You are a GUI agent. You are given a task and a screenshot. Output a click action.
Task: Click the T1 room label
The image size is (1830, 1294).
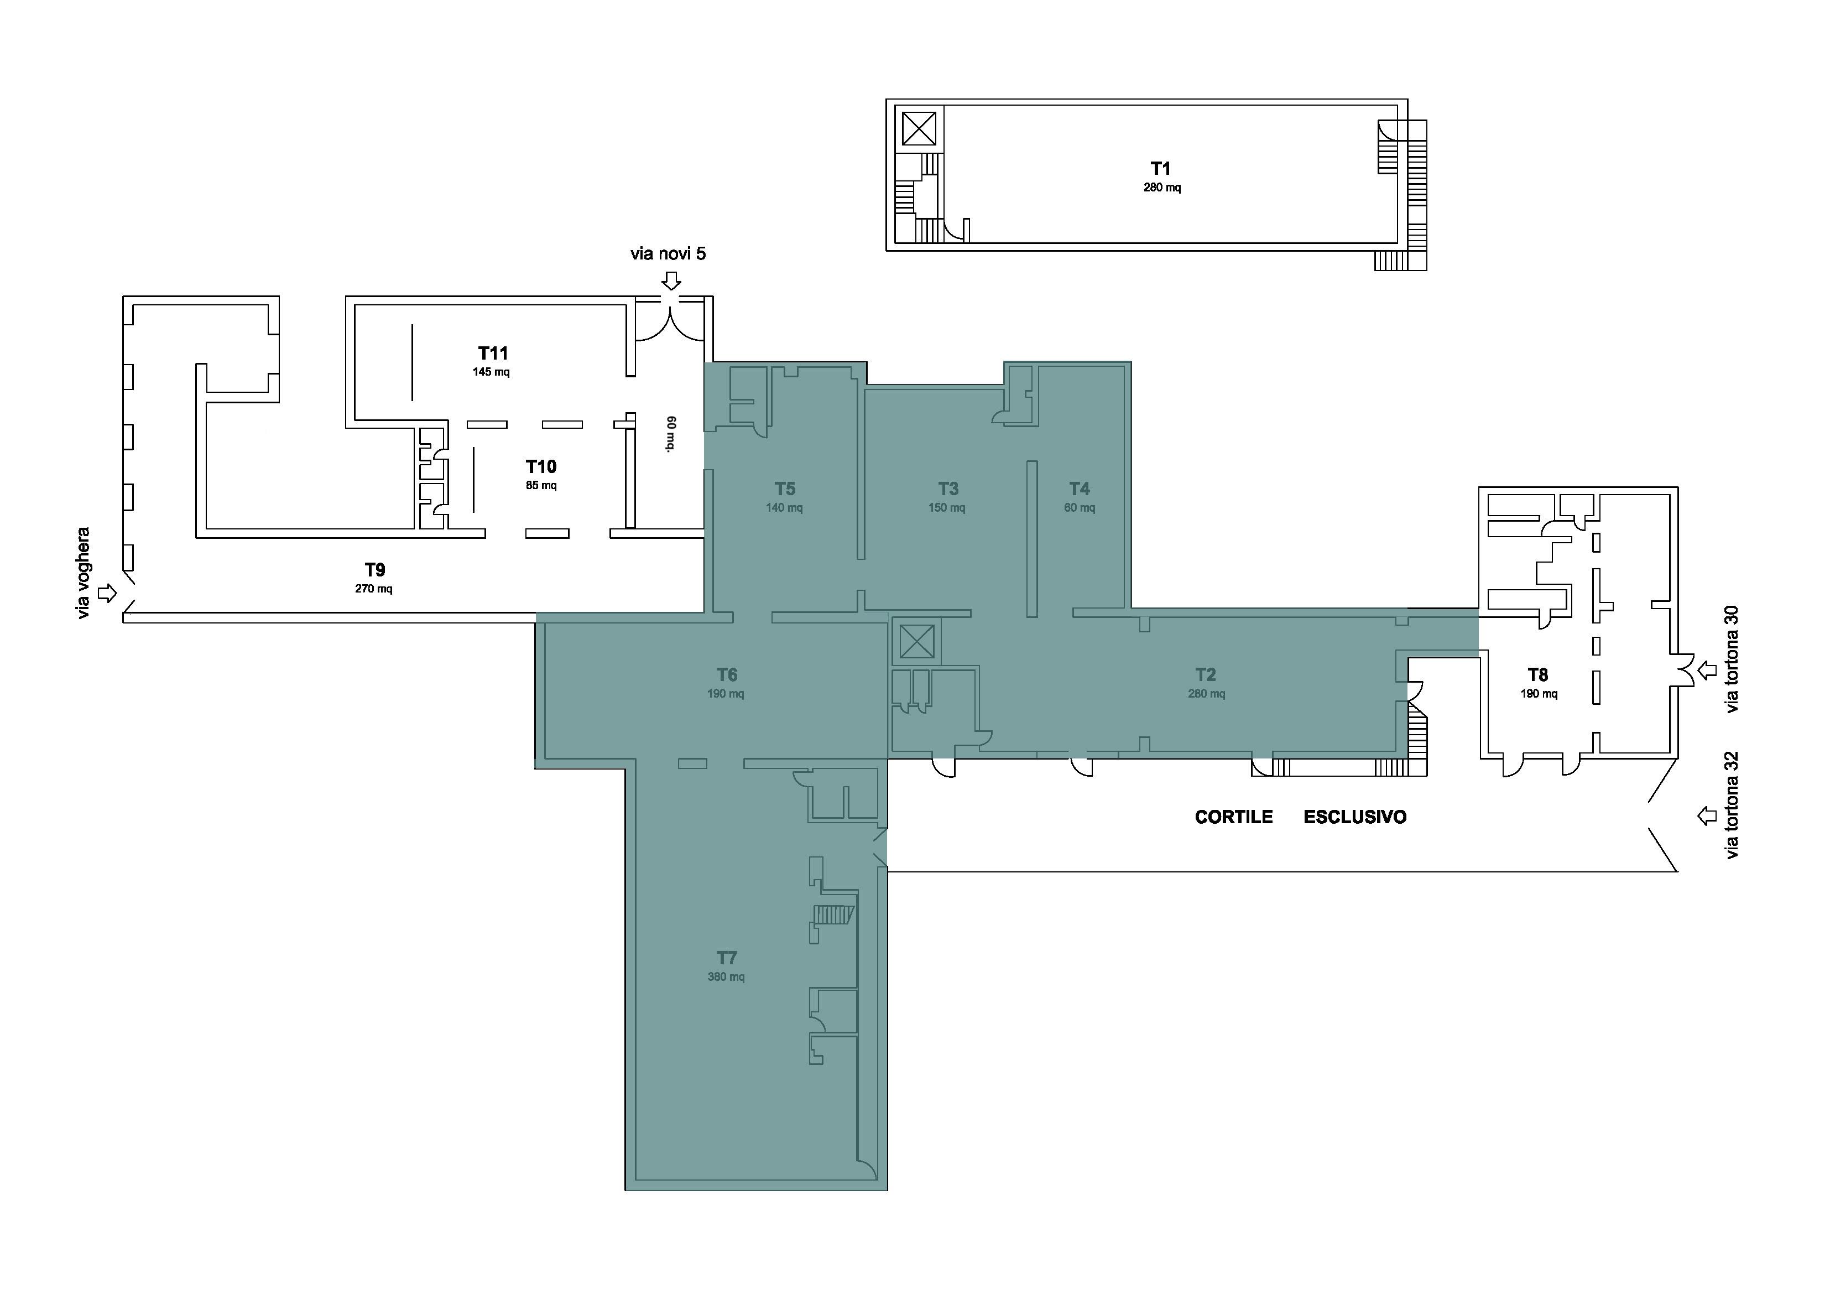(x=1160, y=168)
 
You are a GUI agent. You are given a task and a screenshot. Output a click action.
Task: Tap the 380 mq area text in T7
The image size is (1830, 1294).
(x=726, y=976)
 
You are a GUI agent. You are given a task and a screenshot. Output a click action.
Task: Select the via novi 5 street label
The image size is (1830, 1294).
(x=668, y=253)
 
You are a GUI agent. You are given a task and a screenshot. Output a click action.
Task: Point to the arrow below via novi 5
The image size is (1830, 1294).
(x=672, y=280)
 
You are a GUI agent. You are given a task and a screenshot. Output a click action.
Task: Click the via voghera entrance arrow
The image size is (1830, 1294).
(x=107, y=593)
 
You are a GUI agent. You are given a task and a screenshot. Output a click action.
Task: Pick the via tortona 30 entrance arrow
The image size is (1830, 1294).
(x=1707, y=671)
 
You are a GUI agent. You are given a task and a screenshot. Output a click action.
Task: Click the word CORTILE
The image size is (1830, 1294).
(x=1234, y=817)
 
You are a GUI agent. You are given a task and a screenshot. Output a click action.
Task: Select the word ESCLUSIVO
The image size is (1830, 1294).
(x=1355, y=817)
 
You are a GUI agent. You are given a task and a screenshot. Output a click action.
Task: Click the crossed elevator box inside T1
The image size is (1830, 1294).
(x=919, y=128)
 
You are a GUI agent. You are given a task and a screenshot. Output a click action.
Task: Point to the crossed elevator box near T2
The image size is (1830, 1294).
(x=916, y=642)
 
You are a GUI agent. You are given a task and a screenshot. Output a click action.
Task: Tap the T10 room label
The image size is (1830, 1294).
(x=541, y=466)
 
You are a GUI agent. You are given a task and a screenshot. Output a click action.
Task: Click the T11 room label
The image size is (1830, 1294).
(x=493, y=353)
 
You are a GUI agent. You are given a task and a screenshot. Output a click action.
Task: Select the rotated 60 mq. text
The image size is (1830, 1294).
(x=671, y=434)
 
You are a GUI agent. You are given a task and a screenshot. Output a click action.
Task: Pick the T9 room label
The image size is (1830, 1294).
(x=374, y=570)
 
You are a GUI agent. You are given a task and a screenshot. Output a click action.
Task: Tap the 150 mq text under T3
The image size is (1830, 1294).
(x=947, y=508)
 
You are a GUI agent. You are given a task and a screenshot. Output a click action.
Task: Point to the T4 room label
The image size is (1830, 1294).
(x=1079, y=489)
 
